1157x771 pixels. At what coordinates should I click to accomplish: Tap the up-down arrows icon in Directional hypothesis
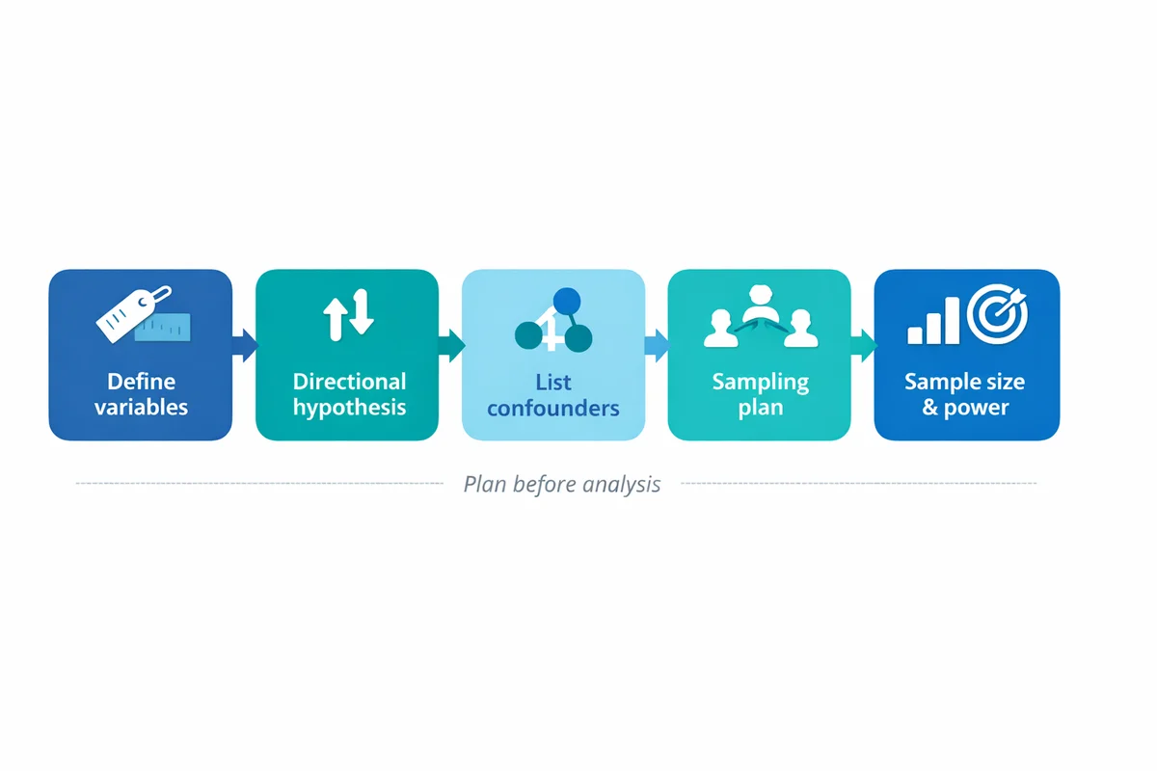pyautogui.click(x=347, y=317)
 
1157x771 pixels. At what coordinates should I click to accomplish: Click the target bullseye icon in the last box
pyautogui.click(x=998, y=316)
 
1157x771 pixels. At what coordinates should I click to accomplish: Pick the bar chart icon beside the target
pyautogui.click(x=933, y=322)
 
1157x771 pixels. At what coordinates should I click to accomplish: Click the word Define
pyautogui.click(x=141, y=382)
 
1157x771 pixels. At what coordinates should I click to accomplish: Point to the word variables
pyautogui.click(x=141, y=407)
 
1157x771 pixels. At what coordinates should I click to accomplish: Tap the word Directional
pyautogui.click(x=349, y=382)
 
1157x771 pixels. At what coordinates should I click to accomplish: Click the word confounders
pyautogui.click(x=553, y=408)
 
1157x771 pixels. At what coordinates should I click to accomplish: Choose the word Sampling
pyautogui.click(x=760, y=382)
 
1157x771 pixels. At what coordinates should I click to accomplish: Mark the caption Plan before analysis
pyautogui.click(x=562, y=484)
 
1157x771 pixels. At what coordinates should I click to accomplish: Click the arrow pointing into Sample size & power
pyautogui.click(x=863, y=343)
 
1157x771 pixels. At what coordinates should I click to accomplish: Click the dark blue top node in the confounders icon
pyautogui.click(x=569, y=302)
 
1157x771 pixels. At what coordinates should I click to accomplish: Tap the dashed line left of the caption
pyautogui.click(x=260, y=483)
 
